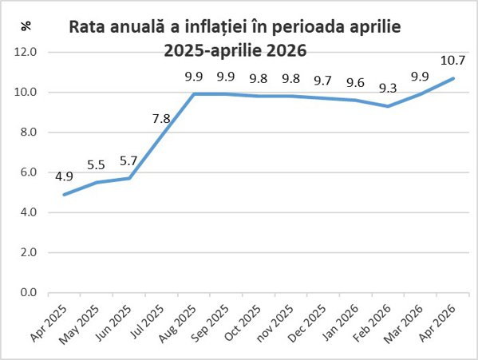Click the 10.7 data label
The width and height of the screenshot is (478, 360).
pos(453,61)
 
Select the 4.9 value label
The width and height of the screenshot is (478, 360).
pos(64,176)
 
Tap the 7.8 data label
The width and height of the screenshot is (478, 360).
pos(161,119)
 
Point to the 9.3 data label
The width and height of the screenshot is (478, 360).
pos(388,89)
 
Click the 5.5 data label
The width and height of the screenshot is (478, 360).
pos(96,165)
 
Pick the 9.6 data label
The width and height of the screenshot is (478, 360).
pos(355,82)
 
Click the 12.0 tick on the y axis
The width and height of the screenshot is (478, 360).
pos(26,52)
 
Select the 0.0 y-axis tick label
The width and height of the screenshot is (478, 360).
pos(29,292)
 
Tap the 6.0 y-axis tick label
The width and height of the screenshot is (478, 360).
pos(29,172)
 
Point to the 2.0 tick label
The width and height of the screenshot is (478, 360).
pos(29,252)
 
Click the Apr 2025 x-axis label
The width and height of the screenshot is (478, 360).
pos(49,322)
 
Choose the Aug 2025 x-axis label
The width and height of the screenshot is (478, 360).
pos(178,323)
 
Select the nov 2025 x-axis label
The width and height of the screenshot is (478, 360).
pos(275,323)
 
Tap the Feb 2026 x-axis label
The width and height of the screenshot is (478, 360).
pos(373,323)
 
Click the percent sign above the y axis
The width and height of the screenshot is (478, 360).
pos(26,26)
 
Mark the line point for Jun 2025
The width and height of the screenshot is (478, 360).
pos(129,178)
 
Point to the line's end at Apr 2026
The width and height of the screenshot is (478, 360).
pos(453,78)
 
